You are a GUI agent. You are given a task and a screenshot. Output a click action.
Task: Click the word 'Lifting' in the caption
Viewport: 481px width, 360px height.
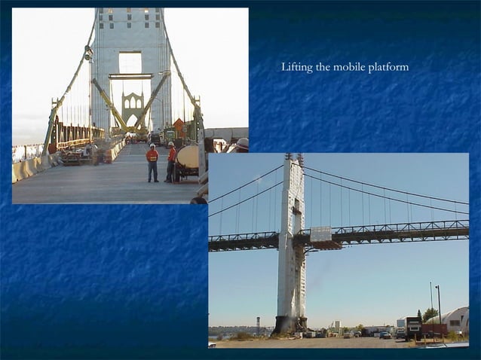tap(297, 68)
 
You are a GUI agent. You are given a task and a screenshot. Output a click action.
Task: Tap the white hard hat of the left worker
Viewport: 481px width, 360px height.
tap(152, 145)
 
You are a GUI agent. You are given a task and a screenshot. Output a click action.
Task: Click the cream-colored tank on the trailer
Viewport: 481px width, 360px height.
tap(188, 157)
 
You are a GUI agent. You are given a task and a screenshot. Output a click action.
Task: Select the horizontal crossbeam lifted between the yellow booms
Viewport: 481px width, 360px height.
tap(130, 76)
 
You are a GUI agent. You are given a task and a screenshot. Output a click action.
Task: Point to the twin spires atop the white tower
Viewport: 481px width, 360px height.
tap(293, 159)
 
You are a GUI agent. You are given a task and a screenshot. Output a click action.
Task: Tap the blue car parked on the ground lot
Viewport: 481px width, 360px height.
tap(385, 334)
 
